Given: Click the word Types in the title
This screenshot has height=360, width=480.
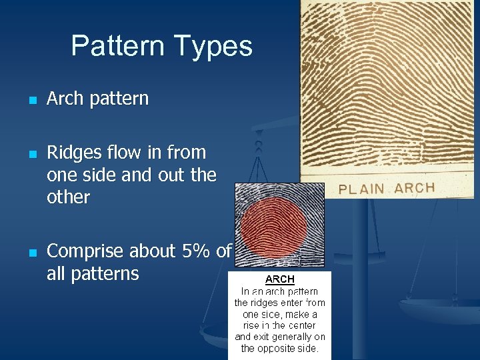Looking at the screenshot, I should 214,46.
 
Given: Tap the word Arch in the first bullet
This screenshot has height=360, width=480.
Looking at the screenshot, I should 65,99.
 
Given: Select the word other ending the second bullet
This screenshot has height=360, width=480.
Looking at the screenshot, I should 68,197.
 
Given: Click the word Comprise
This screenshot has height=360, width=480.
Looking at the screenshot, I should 85,251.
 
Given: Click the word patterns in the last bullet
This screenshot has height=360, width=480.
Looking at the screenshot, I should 93,273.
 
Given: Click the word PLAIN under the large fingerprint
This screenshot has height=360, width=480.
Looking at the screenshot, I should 361,189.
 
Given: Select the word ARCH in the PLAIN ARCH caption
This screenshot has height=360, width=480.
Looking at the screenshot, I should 414,187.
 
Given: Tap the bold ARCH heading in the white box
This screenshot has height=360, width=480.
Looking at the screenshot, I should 280,279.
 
